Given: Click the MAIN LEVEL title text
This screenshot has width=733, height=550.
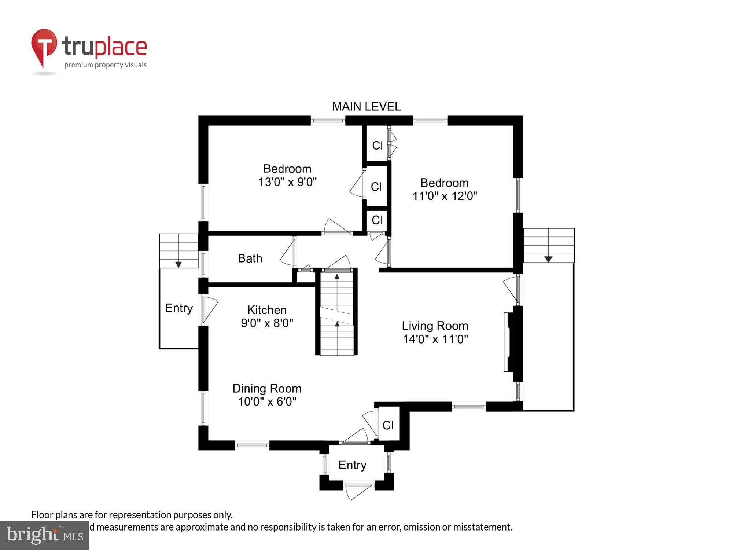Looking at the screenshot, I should (x=366, y=107).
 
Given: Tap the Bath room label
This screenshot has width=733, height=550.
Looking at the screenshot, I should (x=250, y=258).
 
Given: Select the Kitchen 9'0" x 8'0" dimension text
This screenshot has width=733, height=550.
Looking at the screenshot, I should (x=267, y=323).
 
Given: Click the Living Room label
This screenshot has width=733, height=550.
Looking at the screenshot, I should (x=435, y=326).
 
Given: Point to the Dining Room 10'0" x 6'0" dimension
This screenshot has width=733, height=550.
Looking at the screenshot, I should (x=267, y=402).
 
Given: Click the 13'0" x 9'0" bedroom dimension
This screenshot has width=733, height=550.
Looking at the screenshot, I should (x=287, y=182).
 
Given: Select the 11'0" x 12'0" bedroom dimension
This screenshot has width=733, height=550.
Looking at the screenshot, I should (x=444, y=196).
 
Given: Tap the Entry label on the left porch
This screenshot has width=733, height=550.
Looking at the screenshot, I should (x=178, y=308).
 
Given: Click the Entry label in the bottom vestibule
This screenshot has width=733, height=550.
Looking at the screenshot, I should (x=352, y=465).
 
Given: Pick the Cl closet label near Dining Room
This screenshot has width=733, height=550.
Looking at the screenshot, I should (x=388, y=425).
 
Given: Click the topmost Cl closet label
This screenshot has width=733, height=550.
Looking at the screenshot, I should (x=377, y=146).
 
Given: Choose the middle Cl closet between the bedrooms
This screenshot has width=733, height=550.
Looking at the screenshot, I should (x=376, y=187).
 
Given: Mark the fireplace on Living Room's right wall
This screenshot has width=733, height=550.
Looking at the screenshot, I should (x=509, y=342).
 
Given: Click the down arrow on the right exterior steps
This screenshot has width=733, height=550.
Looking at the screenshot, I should (x=548, y=259).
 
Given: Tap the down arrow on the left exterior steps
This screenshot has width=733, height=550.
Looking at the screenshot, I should (x=178, y=264).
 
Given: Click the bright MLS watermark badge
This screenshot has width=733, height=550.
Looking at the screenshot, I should (x=44, y=535).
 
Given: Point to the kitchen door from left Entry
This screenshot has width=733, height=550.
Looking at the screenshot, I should (x=210, y=310).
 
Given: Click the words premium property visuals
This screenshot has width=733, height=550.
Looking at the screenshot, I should (x=106, y=65).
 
